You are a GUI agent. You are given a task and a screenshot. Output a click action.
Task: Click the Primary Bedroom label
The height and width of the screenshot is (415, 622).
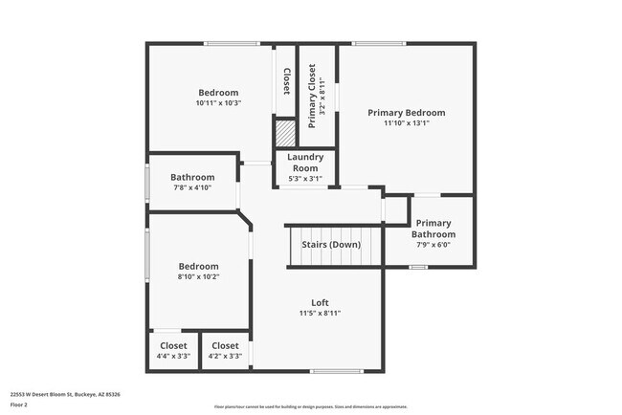(x=407, y=113)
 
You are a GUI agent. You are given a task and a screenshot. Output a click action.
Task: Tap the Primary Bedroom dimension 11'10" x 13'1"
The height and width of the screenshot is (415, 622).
(x=407, y=123)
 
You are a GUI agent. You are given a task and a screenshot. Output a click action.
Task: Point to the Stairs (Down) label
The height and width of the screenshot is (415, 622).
(x=331, y=245)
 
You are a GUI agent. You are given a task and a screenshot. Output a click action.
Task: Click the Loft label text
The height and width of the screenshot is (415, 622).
(x=320, y=302)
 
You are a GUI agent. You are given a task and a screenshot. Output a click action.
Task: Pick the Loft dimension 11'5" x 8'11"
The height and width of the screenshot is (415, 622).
(x=320, y=313)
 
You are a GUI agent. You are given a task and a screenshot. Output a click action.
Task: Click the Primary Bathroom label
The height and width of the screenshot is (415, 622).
(x=433, y=229)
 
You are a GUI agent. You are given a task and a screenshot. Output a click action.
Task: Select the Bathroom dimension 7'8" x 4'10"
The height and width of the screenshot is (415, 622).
(x=191, y=187)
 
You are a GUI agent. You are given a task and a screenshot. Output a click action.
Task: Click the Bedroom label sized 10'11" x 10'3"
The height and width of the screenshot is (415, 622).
(x=218, y=92)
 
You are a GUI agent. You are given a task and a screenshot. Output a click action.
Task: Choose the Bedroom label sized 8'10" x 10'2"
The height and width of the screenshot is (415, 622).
(x=199, y=266)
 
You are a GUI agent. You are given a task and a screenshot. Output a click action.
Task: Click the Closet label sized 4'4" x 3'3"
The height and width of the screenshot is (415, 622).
(x=173, y=345)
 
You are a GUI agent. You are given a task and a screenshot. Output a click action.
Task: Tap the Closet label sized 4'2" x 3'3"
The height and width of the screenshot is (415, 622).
(x=225, y=345)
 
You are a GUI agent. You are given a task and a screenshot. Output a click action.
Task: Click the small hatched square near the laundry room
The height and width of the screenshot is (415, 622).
(x=285, y=132)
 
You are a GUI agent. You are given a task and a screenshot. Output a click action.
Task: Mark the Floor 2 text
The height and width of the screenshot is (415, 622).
(x=20, y=404)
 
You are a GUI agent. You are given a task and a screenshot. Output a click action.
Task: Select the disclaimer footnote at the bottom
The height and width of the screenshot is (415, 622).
(x=310, y=406)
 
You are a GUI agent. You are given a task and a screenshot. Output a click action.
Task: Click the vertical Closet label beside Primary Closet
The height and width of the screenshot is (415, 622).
(x=286, y=80)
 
